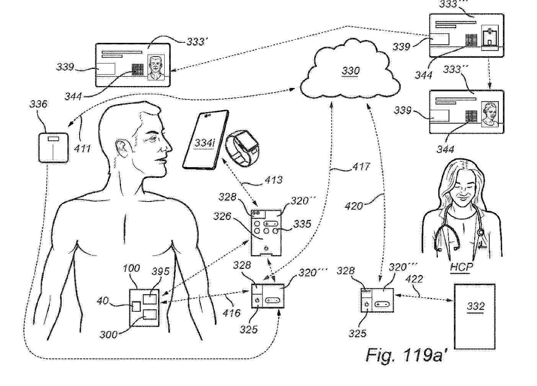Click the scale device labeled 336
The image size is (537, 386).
(x=53, y=147)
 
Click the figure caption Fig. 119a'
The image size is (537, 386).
(x=406, y=355)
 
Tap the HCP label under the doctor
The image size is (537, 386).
(x=461, y=267)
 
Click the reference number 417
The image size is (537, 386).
(x=360, y=167)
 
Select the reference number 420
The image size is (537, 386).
(x=354, y=206)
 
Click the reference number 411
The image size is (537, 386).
(x=82, y=148)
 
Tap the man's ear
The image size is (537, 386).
(x=121, y=148)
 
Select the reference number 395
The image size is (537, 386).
(x=160, y=272)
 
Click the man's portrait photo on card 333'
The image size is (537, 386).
(x=156, y=68)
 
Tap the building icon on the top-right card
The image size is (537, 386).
(x=488, y=37)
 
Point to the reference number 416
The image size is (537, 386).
(x=232, y=313)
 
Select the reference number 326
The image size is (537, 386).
(x=222, y=217)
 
